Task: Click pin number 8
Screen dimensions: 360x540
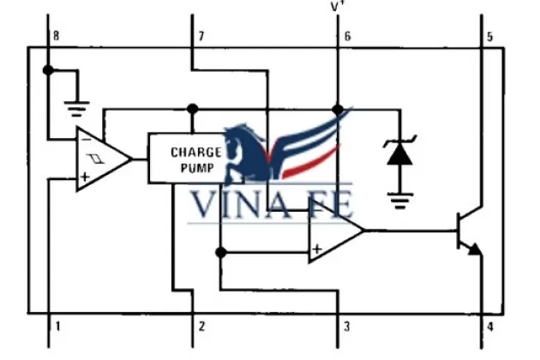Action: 57,36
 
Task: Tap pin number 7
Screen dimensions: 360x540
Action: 201,36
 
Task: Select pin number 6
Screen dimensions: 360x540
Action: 347,36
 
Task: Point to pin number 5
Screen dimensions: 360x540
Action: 489,36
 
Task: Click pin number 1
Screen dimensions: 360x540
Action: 57,327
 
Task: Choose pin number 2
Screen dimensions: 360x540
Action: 201,327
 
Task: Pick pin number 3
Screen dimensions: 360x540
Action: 347,327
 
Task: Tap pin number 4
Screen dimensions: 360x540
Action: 489,327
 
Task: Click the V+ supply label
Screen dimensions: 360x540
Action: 338,8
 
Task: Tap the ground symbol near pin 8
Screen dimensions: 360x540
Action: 78,108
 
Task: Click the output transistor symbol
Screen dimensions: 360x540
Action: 468,231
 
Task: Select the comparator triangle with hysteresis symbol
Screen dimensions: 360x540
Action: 99,159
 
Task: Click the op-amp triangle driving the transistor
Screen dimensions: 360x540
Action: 333,231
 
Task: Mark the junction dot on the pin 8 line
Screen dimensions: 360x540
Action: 49,69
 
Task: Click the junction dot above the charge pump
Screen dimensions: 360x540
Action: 192,109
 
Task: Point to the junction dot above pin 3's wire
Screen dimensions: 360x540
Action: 220,252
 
